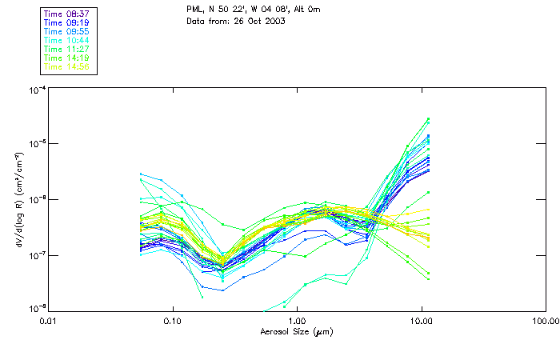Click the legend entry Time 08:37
coord(67,14)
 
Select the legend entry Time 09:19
coord(67,22)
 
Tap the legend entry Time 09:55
coord(67,31)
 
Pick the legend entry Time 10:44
coord(67,40)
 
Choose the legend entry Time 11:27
coord(67,49)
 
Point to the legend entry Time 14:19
coord(67,58)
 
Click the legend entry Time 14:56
coord(67,66)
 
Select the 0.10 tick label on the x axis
coord(173,320)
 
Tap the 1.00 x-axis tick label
coord(298,320)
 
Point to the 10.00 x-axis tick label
coord(422,320)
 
